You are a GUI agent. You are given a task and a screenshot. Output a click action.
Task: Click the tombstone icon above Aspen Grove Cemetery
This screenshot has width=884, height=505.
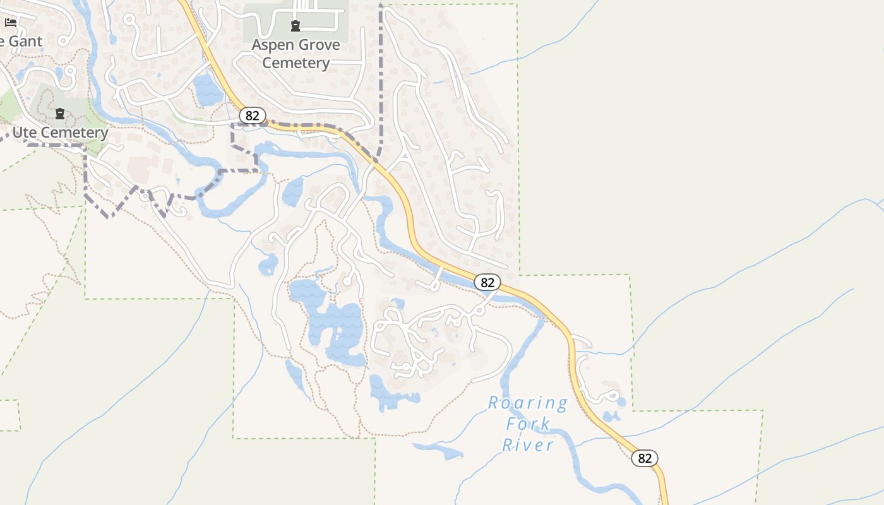(x=295, y=26)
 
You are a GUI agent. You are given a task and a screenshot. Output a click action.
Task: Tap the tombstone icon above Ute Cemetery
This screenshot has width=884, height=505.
(x=60, y=114)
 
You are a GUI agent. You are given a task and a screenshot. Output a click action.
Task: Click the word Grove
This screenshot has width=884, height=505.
(x=320, y=45)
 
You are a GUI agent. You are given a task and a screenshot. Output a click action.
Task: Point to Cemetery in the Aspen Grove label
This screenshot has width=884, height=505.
(x=296, y=63)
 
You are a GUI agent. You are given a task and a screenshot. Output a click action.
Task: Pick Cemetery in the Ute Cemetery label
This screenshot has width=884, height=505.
(x=76, y=133)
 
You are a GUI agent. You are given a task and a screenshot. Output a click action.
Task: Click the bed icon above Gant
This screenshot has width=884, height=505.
(x=11, y=23)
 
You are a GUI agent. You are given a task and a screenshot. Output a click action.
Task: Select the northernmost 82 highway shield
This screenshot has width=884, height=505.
(x=252, y=116)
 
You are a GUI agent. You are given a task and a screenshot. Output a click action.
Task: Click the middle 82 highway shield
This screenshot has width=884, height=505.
(x=487, y=282)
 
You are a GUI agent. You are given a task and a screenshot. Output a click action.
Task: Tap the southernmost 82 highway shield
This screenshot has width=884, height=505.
(x=645, y=458)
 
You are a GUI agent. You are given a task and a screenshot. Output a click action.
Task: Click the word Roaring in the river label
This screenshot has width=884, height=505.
(x=528, y=403)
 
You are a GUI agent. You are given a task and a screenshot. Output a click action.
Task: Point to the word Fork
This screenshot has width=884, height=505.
(x=529, y=424)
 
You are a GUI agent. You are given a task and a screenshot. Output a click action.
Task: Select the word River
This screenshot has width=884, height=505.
(x=528, y=444)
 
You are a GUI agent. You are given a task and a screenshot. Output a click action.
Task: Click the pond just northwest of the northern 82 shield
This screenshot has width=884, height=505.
(x=207, y=90)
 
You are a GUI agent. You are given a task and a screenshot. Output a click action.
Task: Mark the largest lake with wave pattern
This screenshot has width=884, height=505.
(x=335, y=328)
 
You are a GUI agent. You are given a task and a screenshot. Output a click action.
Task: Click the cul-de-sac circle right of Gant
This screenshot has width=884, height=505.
(x=63, y=42)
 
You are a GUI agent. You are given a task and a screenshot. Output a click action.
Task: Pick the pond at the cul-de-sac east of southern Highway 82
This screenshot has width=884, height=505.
(x=621, y=401)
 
